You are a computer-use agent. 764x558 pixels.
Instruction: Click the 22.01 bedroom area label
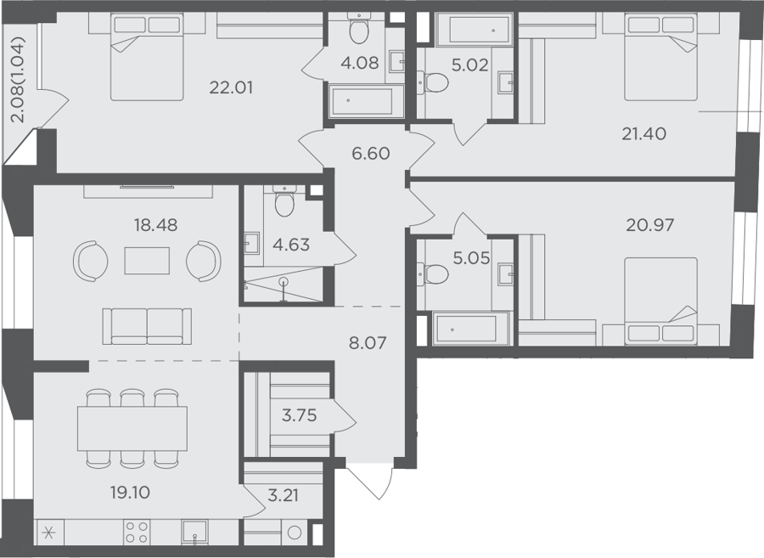(231, 87)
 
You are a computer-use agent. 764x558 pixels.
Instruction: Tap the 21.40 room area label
(643, 133)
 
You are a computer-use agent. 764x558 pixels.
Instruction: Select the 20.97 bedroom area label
(650, 225)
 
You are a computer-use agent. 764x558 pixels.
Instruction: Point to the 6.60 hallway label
(371, 154)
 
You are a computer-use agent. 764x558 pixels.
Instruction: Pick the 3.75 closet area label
(299, 415)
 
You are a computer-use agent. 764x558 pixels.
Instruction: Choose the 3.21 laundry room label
(283, 496)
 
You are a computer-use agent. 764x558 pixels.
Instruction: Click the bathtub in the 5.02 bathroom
(474, 29)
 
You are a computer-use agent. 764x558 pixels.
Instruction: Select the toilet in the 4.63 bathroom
(285, 200)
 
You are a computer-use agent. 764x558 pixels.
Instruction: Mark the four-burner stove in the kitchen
(137, 533)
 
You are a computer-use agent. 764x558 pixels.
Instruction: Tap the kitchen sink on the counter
(194, 532)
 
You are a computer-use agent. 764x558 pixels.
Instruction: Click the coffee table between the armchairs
(147, 261)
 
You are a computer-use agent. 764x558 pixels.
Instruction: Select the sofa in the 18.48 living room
(147, 326)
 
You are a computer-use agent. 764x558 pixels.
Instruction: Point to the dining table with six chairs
(132, 428)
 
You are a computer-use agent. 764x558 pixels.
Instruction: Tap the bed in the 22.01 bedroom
(147, 57)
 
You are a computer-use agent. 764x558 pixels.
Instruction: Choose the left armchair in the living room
(91, 261)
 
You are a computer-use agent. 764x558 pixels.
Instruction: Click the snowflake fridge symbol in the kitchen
(48, 533)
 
